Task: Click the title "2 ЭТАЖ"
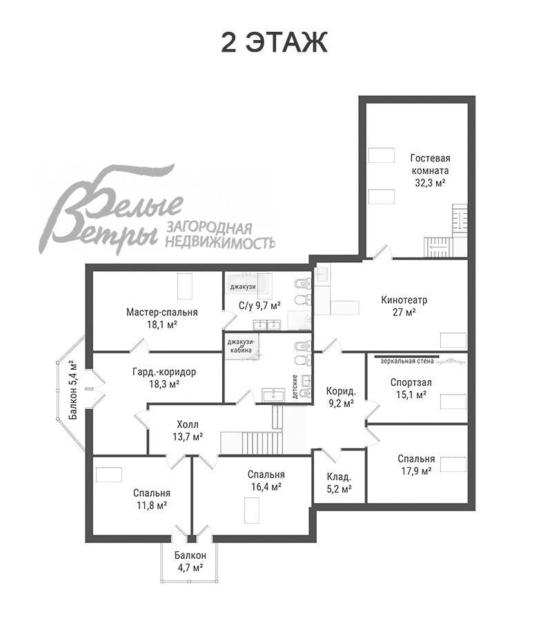point(274,42)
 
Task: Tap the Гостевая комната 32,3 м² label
point(430,170)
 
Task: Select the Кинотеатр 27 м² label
point(404,306)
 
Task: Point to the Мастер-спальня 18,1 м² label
point(162,318)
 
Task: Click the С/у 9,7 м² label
point(259,306)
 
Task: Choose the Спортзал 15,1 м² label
point(411,388)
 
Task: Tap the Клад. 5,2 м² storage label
point(339,483)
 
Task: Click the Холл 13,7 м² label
point(188,431)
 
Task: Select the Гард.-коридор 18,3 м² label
point(164,378)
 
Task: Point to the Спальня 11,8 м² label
point(152,499)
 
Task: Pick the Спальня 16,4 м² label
point(266,480)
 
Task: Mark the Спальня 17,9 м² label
point(416,465)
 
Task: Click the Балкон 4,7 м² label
point(190,561)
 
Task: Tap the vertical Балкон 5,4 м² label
point(74,390)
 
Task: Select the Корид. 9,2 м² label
point(341,397)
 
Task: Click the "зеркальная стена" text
point(407,361)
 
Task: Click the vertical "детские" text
point(295,386)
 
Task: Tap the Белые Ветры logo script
point(110,210)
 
